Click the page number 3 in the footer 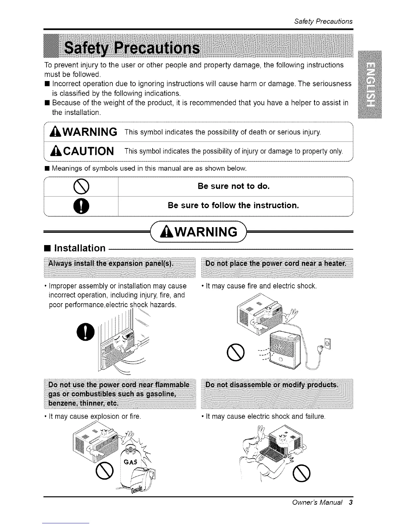[x=350, y=502]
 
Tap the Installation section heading [x=80, y=248]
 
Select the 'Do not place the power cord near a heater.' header [x=276, y=264]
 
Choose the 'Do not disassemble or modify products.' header [x=272, y=385]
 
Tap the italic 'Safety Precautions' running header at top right [x=323, y=22]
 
